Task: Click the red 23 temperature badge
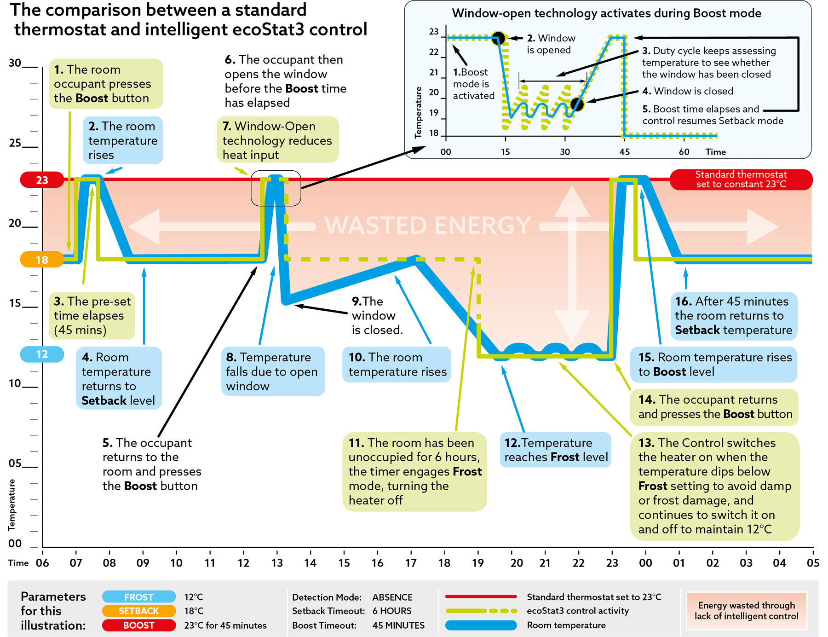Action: [42, 180]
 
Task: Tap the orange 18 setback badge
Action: [42, 260]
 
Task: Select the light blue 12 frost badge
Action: [42, 354]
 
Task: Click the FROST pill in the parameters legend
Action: [138, 597]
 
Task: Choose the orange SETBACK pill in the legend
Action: [138, 611]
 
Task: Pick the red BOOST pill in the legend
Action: [138, 625]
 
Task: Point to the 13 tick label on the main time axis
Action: [277, 563]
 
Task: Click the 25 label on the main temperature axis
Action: [15, 143]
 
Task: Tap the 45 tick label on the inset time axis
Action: [624, 152]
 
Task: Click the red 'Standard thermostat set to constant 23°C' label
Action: [741, 180]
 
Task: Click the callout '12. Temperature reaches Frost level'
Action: [556, 450]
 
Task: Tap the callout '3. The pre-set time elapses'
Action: [92, 316]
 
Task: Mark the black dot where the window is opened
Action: [498, 38]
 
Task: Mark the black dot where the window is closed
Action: [577, 104]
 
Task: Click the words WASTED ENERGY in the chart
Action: [428, 226]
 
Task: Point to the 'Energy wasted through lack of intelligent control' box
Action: [746, 611]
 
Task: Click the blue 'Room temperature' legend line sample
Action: [481, 625]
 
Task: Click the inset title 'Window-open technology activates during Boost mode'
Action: [606, 13]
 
